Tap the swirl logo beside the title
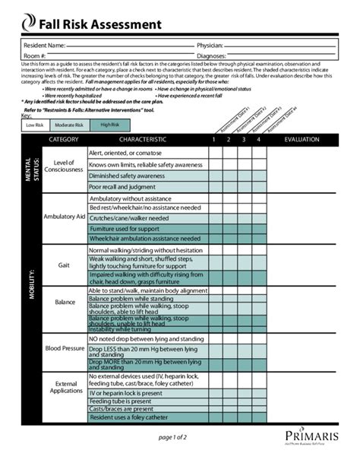29,24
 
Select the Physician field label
210,46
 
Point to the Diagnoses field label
211,56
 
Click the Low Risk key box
35,125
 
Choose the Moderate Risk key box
69,125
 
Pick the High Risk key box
109,125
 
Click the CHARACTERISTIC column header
142,140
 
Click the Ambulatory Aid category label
64,217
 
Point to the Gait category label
64,265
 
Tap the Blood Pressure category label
64,349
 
